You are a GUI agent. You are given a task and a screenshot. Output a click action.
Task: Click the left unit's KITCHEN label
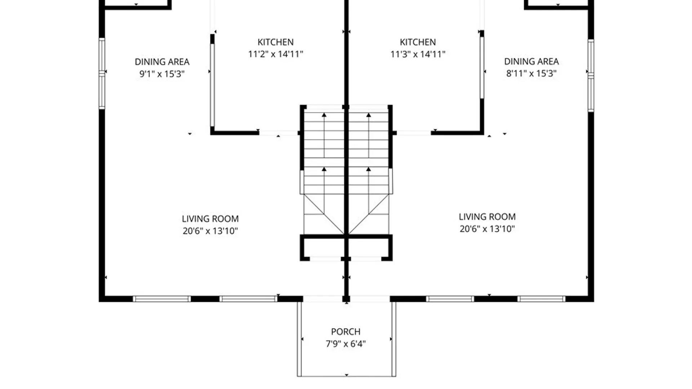(275, 42)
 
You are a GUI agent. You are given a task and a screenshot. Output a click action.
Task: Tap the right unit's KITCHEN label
(418, 42)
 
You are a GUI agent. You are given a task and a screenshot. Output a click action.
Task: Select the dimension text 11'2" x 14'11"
(275, 54)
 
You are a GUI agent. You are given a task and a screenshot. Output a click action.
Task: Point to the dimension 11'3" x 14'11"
(418, 54)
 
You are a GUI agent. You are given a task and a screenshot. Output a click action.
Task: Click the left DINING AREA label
(162, 62)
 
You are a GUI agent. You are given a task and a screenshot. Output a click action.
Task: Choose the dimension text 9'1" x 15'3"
(162, 74)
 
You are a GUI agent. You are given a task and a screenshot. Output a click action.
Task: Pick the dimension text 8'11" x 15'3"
(531, 73)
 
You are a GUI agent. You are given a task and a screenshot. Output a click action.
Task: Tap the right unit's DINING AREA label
(531, 62)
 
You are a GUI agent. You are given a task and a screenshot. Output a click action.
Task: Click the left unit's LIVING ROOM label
(210, 219)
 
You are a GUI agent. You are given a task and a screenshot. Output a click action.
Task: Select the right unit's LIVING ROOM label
(487, 217)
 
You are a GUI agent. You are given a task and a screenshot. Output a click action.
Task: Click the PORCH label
(346, 332)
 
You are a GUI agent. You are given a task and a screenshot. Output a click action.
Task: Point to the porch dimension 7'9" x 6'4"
(346, 344)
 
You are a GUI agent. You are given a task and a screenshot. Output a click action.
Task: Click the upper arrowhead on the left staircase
(324, 115)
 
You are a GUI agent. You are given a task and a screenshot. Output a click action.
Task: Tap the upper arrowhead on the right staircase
(368, 115)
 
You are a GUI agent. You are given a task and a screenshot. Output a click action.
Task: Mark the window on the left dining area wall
(102, 73)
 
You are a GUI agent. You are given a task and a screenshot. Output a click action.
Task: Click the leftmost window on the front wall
(162, 299)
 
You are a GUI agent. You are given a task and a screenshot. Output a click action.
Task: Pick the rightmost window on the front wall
(541, 299)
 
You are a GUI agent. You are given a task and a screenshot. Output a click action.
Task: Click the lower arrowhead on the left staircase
(324, 169)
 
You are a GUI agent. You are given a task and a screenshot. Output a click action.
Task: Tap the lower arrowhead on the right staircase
(368, 169)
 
